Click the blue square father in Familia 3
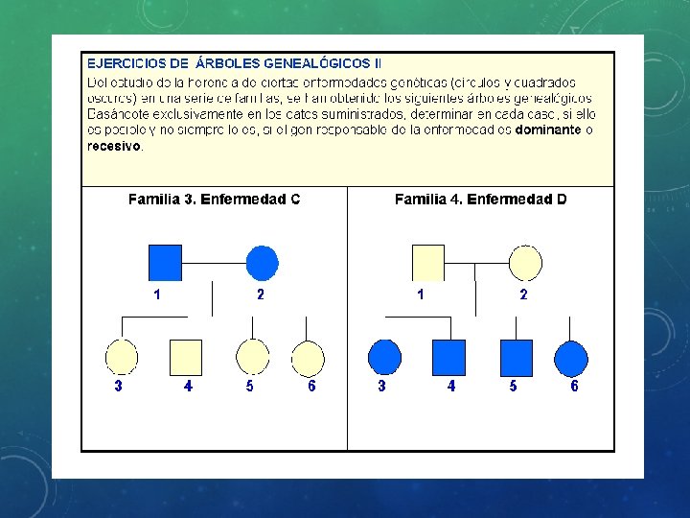(165, 262)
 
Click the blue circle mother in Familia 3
(263, 262)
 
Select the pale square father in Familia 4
(427, 262)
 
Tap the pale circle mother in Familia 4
(525, 262)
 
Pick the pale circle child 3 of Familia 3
(122, 357)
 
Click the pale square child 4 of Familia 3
(186, 357)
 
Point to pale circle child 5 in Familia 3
(252, 357)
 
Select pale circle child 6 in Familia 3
(308, 358)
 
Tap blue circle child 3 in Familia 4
(384, 357)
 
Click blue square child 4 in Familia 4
(448, 357)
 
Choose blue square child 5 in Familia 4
(516, 357)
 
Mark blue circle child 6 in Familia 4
(571, 358)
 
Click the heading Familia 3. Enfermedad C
(214, 200)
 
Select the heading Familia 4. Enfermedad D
(480, 200)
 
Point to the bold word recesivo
(114, 146)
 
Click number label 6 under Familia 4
(574, 386)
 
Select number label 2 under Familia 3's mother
(260, 294)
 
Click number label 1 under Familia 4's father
(421, 294)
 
